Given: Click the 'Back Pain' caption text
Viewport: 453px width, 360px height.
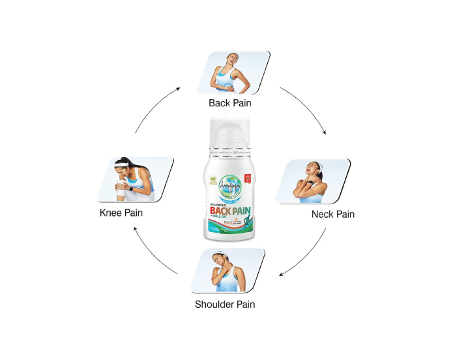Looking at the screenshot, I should (229, 103).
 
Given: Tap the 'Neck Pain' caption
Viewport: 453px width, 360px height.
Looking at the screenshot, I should (332, 214).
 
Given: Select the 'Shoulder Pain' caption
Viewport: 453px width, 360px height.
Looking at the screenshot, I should (225, 304).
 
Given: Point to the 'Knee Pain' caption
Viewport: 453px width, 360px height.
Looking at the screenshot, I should (121, 213).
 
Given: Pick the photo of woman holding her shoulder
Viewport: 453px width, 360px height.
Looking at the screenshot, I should (227, 270).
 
